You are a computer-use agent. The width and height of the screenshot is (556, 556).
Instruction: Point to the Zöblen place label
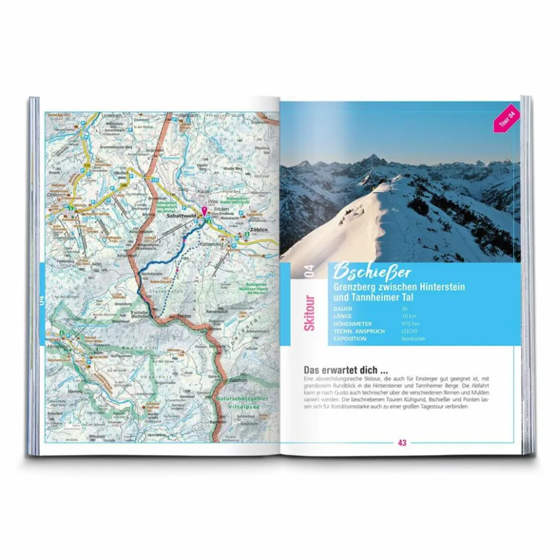259,229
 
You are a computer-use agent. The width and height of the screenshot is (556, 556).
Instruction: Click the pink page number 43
402,443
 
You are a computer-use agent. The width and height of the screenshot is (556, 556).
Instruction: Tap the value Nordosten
413,339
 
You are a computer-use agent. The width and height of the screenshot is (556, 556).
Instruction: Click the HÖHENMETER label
352,324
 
